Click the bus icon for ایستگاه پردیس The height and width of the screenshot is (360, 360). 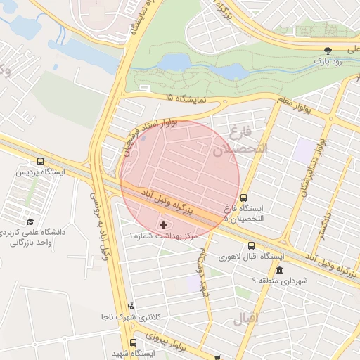[x=40, y=161]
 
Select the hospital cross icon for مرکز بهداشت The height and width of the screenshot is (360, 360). [x=163, y=225]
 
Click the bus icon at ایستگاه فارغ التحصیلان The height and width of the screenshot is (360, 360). [x=243, y=198]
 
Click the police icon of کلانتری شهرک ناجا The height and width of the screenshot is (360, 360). [x=131, y=306]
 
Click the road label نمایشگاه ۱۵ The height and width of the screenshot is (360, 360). [x=186, y=98]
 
